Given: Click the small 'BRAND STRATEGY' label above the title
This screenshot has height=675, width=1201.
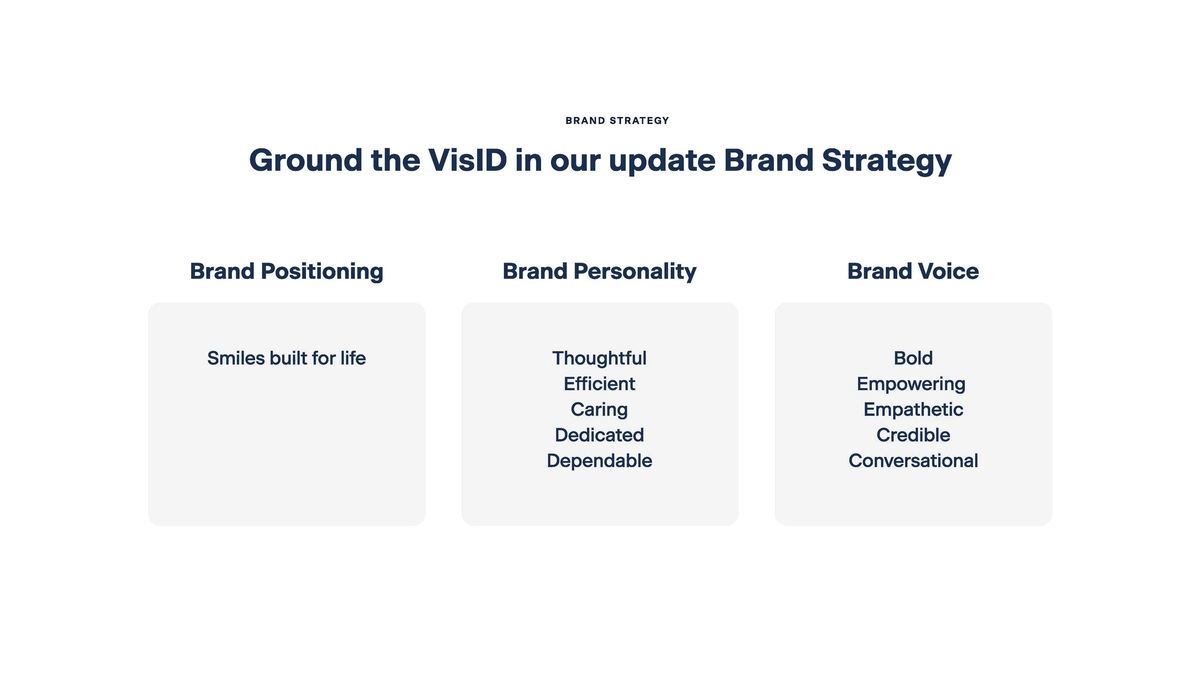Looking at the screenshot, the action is pos(617,121).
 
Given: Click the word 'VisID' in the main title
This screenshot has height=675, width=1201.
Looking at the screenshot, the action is pos(467,160).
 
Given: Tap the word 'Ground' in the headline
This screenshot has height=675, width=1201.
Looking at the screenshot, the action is pos(306,160).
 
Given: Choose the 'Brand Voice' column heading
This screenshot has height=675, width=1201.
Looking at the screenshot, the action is pos(913,271).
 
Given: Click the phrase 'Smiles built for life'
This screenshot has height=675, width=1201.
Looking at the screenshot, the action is pos(287,358).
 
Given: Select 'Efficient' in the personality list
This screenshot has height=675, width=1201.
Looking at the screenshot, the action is pos(600,384).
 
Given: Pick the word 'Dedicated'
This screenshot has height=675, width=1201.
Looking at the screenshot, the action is pos(600,435).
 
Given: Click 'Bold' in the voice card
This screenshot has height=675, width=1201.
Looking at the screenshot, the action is pos(913,358).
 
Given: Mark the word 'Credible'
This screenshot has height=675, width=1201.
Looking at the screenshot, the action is pos(913,435).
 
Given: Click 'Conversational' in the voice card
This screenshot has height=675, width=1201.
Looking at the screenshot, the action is pos(913,461).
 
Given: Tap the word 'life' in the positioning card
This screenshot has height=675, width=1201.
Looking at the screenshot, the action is pos(353,358).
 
